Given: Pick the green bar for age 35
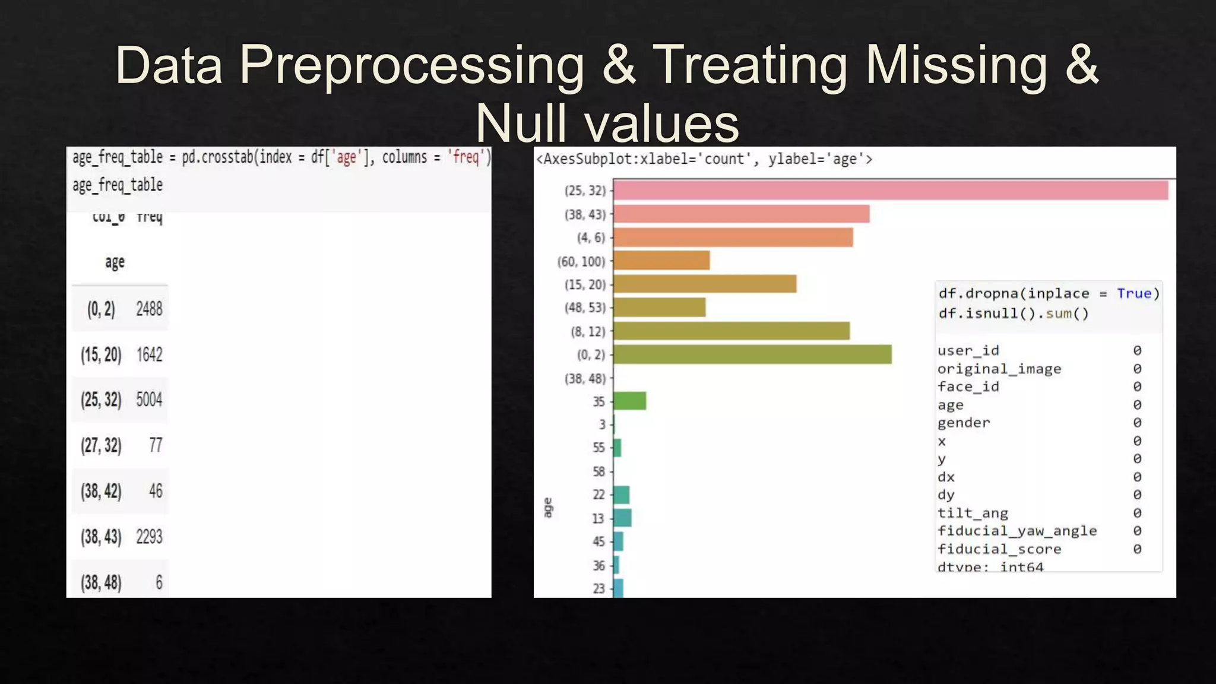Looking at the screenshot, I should (x=629, y=401).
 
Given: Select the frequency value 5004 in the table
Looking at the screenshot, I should (x=149, y=400).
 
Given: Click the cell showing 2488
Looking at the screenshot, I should (x=149, y=309).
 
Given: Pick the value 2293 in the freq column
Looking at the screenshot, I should (x=149, y=537).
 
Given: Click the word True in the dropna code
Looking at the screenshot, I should (x=1133, y=293).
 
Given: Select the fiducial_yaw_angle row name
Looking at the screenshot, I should (x=1016, y=531).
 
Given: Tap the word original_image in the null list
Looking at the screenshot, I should (x=999, y=369).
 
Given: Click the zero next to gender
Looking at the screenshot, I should (x=1136, y=423).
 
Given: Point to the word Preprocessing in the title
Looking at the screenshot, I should (x=411, y=65).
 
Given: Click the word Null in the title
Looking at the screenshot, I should (x=521, y=123).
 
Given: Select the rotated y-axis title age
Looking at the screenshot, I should (x=547, y=508).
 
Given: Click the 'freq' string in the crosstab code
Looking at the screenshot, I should (x=466, y=157).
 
